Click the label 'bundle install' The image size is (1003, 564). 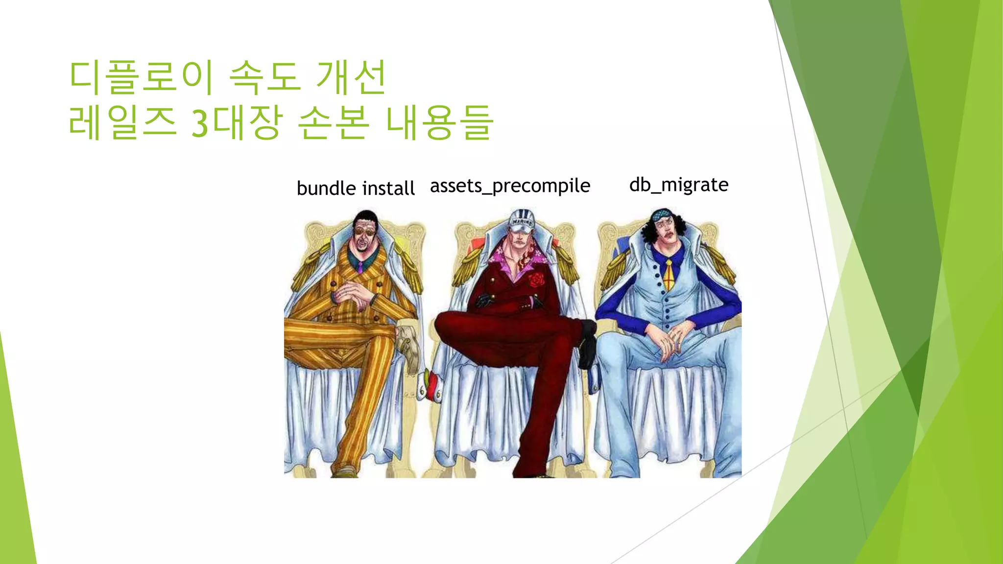356,188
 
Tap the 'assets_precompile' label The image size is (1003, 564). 510,187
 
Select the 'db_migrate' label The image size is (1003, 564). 679,185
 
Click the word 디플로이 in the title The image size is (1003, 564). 141,77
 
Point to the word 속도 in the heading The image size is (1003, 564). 264,77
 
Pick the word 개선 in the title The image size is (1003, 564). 352,77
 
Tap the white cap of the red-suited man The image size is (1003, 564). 521,219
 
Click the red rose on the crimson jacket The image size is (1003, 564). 536,280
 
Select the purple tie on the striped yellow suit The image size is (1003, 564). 360,267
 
